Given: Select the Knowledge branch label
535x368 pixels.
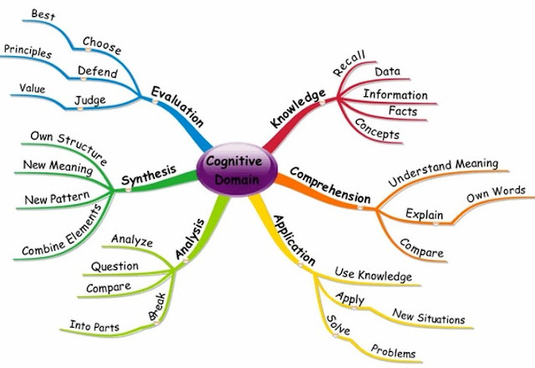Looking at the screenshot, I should point(298,110).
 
